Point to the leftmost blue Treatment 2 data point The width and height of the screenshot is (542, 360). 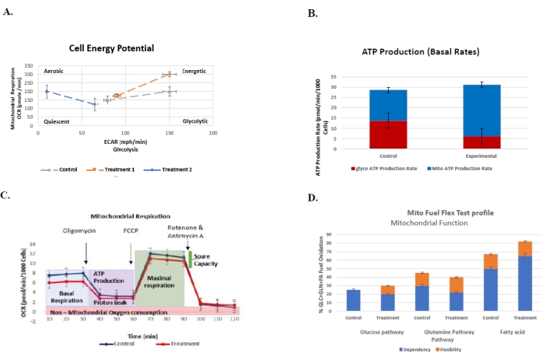(47, 92)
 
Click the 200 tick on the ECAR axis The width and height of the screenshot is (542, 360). (213, 133)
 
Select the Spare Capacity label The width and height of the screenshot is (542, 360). (206, 260)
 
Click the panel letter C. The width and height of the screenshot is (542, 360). (8, 194)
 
